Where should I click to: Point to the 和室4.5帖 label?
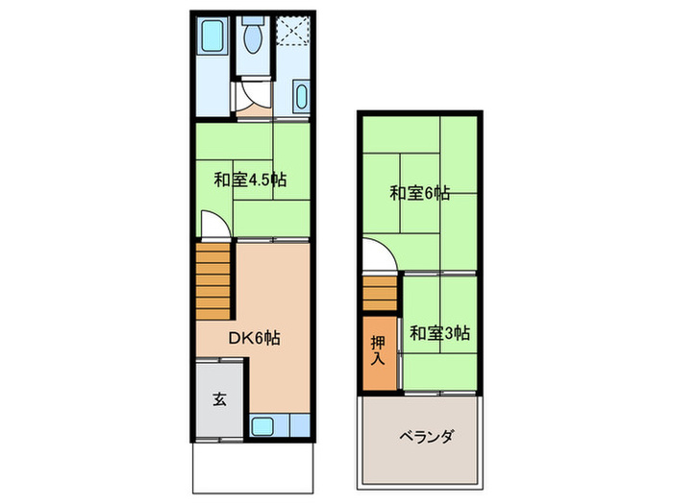pyautogui.click(x=249, y=180)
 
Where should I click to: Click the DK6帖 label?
pyautogui.click(x=254, y=338)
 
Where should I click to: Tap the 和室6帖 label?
pyautogui.click(x=419, y=192)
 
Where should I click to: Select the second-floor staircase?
pyautogui.click(x=380, y=293)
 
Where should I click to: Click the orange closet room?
pyautogui.click(x=379, y=360)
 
